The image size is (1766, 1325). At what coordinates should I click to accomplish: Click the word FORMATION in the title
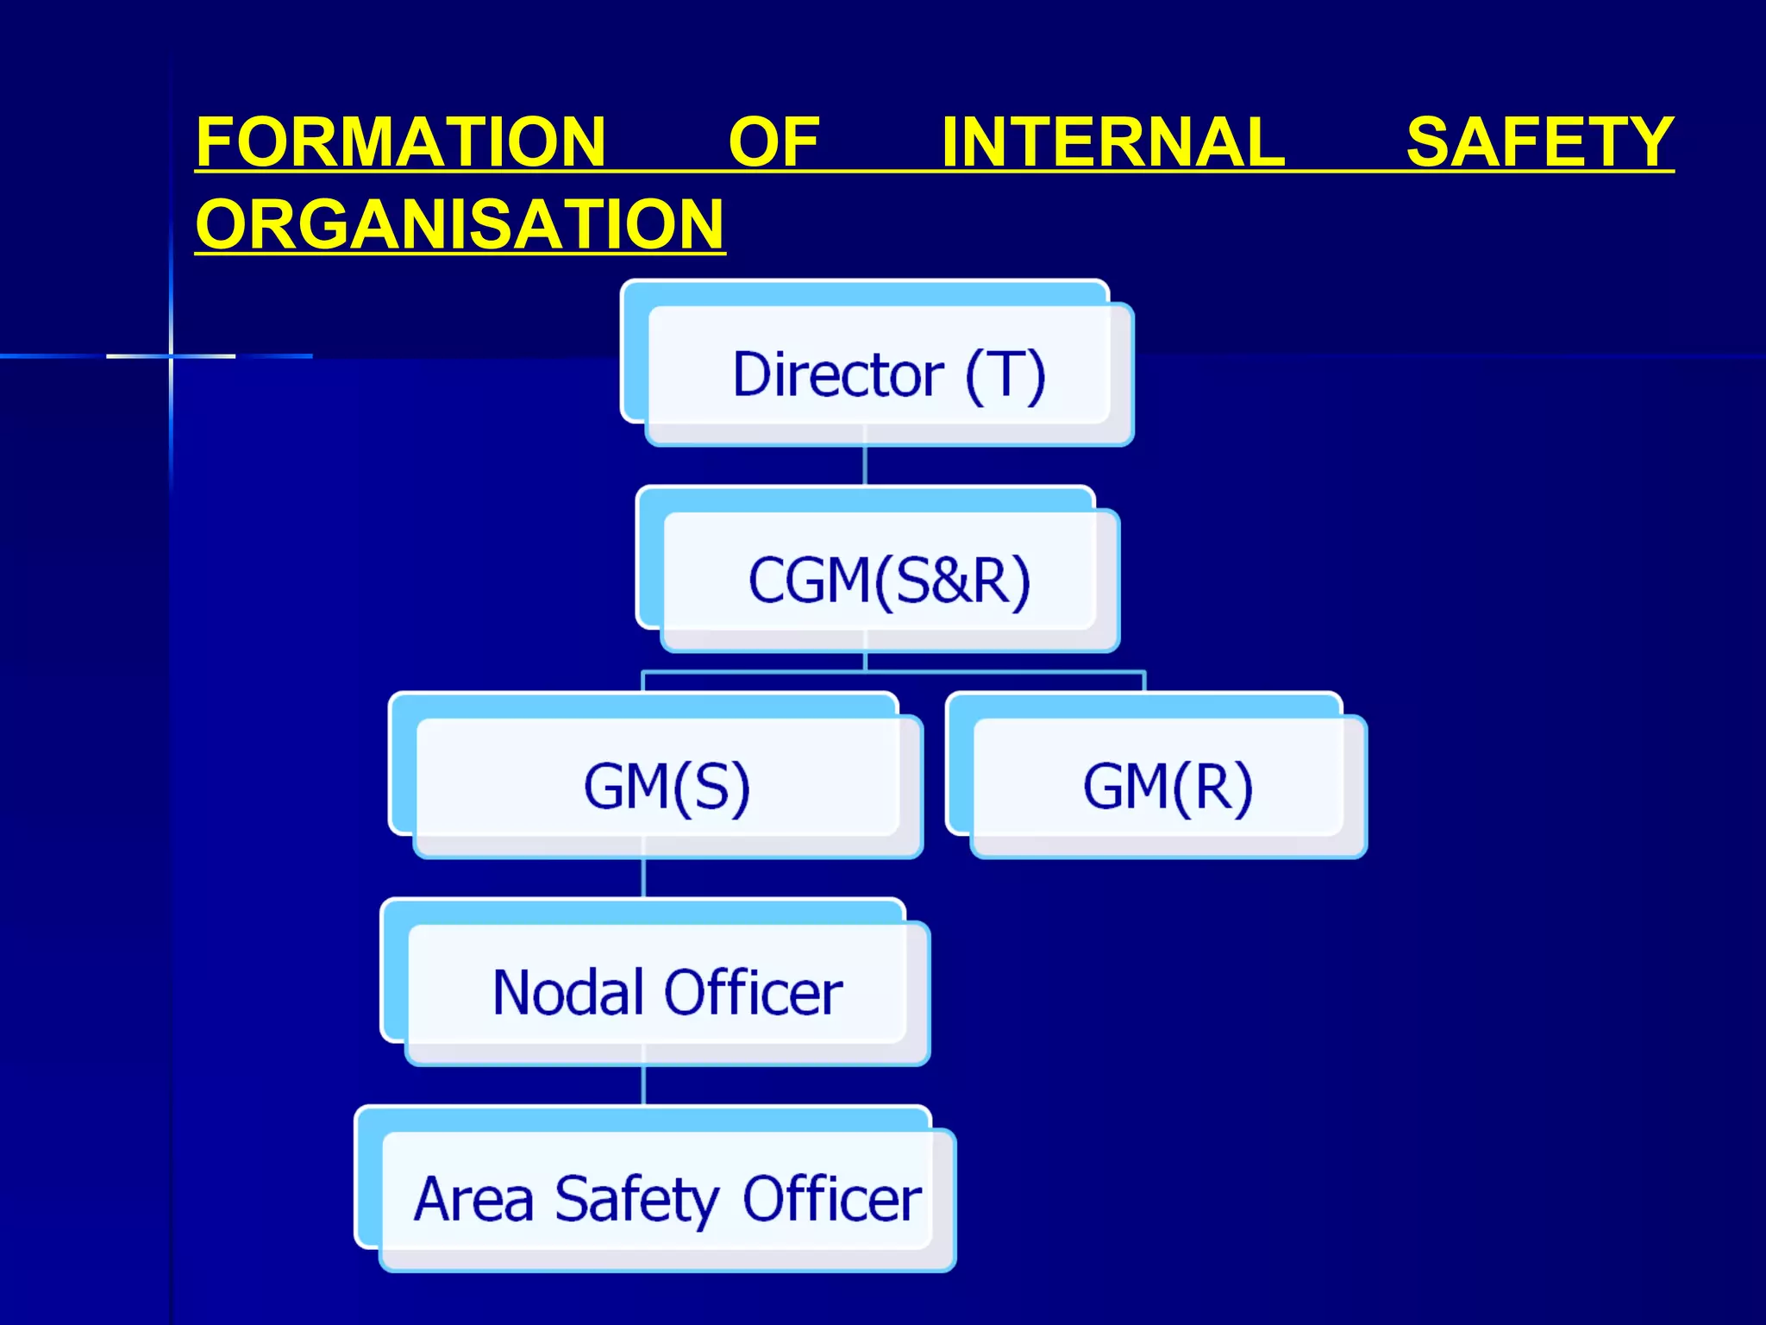tap(401, 142)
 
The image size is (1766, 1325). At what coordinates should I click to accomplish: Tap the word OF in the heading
tap(773, 142)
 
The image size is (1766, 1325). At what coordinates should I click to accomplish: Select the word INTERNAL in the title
tap(1112, 142)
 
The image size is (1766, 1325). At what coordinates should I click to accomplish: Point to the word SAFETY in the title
tap(1539, 142)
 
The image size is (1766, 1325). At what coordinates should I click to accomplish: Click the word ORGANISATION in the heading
tap(460, 224)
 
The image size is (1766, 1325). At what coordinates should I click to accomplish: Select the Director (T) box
tap(888, 375)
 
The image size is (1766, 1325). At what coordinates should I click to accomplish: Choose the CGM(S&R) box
tap(888, 580)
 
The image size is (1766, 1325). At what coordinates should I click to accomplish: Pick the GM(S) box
tap(666, 786)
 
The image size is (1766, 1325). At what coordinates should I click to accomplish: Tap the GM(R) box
tap(1167, 786)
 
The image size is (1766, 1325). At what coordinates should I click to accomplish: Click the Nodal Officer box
tap(666, 992)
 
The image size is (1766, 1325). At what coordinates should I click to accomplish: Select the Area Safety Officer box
tap(666, 1199)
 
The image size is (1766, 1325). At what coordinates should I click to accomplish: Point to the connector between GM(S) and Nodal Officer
tap(643, 878)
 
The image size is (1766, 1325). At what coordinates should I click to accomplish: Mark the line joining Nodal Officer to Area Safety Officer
tap(643, 1085)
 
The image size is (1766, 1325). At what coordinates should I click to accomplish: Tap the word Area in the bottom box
tap(473, 1199)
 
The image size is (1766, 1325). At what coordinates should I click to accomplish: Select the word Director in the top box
tap(837, 375)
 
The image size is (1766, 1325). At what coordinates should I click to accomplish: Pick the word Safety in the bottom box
tap(636, 1199)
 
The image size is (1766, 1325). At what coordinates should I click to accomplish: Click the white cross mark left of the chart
tap(171, 355)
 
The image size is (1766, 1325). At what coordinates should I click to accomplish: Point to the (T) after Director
tap(1005, 375)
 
